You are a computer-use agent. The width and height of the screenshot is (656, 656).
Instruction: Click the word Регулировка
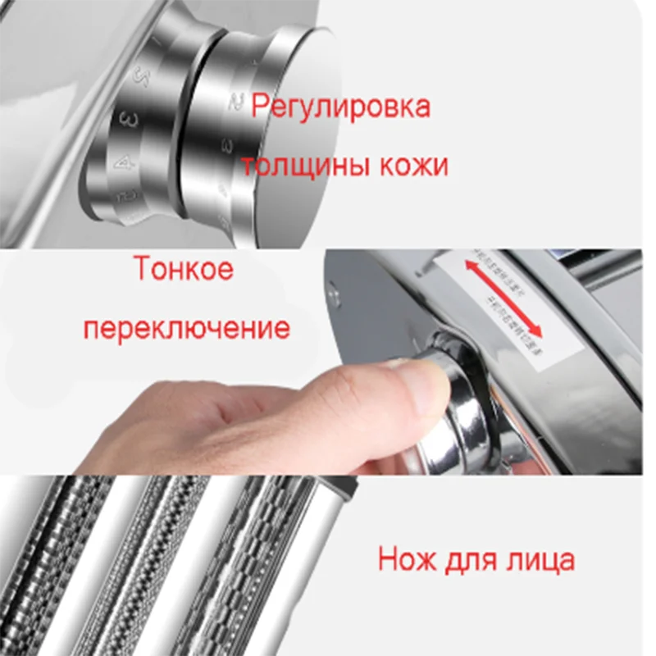[x=340, y=107]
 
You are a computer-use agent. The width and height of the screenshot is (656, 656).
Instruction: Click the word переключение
[x=188, y=328]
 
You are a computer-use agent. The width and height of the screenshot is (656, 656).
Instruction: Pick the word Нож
[x=407, y=560]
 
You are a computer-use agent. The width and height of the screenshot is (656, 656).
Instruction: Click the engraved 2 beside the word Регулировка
[x=236, y=102]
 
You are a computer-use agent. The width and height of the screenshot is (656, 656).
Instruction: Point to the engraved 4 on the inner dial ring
[x=125, y=163]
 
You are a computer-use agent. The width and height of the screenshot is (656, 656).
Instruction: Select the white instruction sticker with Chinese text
[x=504, y=303]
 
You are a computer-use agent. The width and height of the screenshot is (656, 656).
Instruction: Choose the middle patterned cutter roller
[x=164, y=566]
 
